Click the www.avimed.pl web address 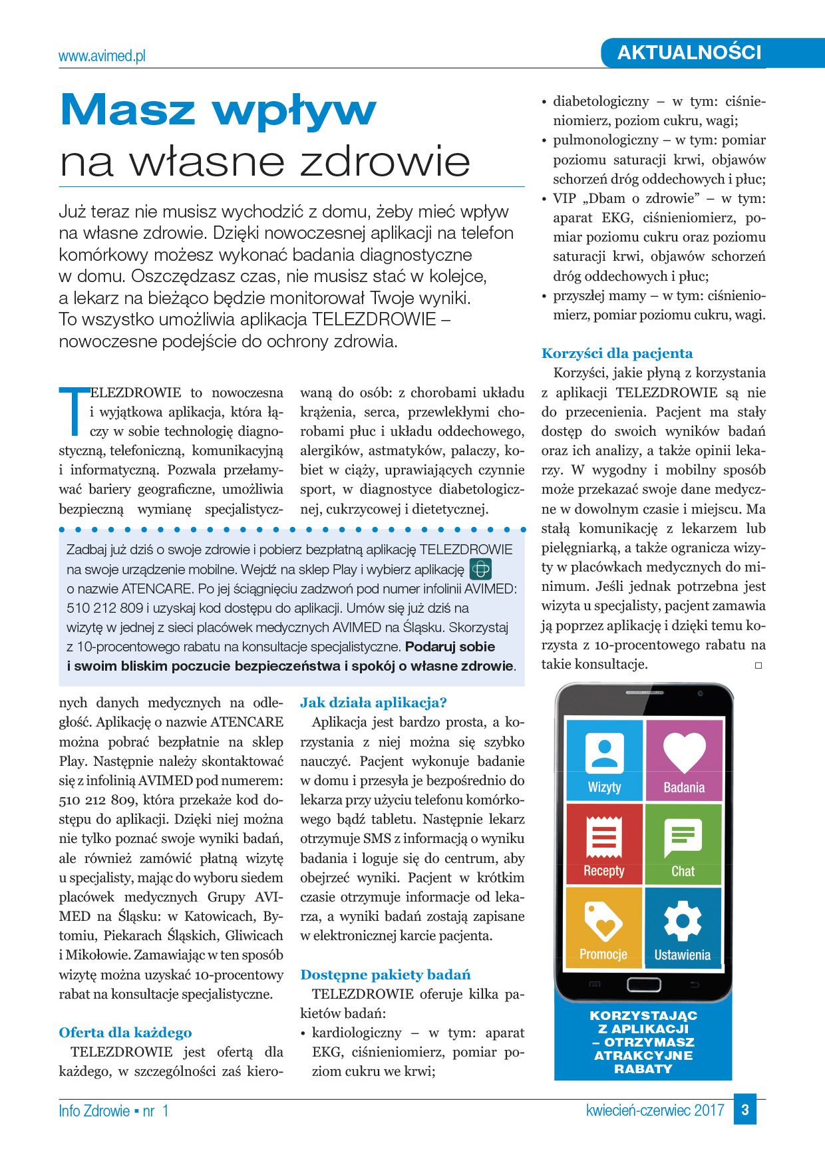(102, 57)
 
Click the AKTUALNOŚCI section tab (689, 53)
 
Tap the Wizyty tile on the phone (604, 760)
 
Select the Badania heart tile (684, 760)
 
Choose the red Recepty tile (604, 844)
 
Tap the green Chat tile (683, 844)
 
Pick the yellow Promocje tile (603, 927)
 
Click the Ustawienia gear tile (683, 927)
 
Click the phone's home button (643, 984)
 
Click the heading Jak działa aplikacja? (373, 703)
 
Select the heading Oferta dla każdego (125, 1033)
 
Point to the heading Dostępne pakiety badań (385, 975)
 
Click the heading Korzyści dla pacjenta (617, 353)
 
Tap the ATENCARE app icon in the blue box (480, 569)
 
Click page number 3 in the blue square (745, 1110)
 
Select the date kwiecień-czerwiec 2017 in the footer (655, 1110)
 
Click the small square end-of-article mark (758, 665)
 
